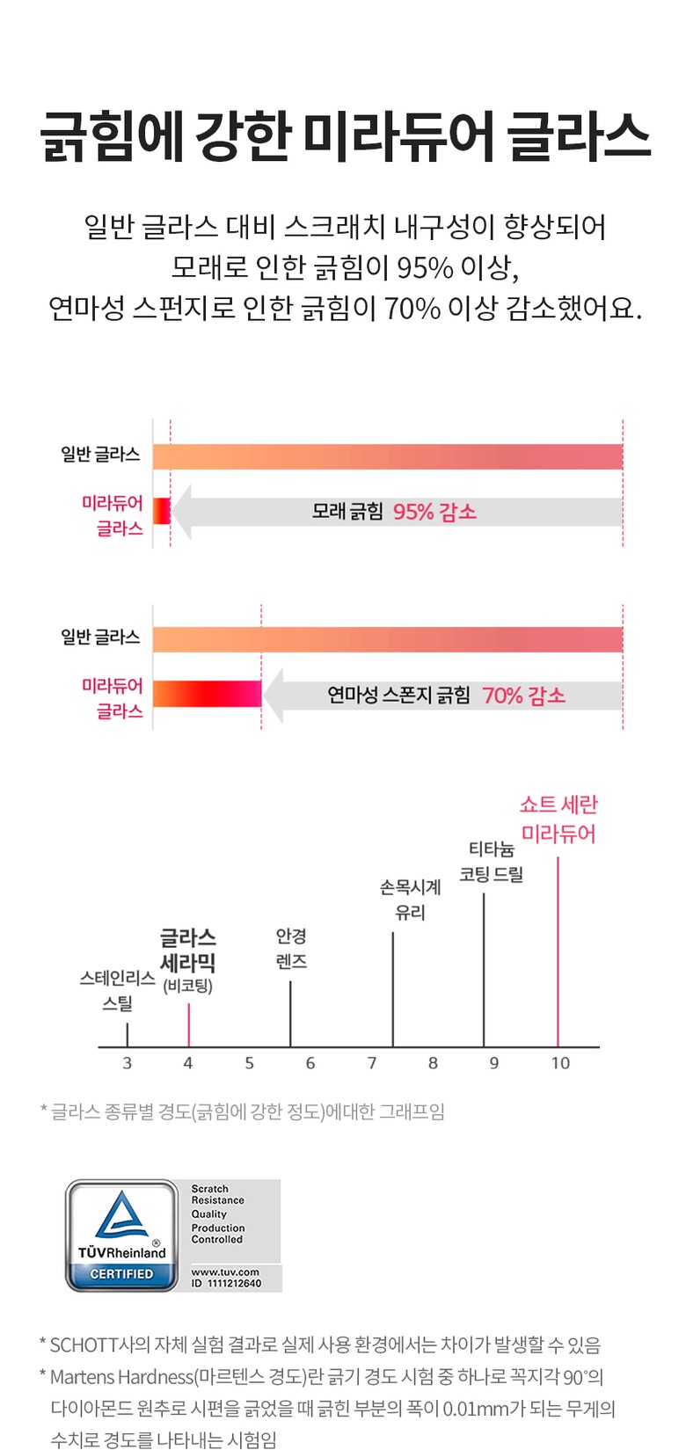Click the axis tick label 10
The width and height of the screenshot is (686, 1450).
[x=560, y=1063]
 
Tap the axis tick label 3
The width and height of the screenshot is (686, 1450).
[x=128, y=1063]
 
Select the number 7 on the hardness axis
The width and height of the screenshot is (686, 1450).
[x=372, y=1063]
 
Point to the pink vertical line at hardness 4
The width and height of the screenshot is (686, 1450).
[x=188, y=1024]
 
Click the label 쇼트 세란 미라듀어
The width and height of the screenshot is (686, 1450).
[x=558, y=819]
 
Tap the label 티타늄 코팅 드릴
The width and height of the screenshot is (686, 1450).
[x=492, y=862]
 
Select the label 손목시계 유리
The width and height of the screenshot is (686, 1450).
[x=410, y=900]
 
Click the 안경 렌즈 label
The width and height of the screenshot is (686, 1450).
[x=291, y=949]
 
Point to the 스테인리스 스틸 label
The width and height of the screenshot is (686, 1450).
[x=117, y=990]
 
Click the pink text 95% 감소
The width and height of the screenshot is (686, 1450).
[x=434, y=512]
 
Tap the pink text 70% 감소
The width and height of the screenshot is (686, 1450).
[x=523, y=696]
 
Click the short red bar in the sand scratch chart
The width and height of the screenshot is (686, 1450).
[x=162, y=511]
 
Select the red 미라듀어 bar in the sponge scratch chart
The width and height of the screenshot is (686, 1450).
[x=207, y=694]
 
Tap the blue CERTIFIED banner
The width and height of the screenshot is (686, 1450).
[x=121, y=1274]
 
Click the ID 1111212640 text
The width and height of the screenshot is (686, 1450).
[x=226, y=1284]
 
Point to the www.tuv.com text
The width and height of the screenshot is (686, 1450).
[x=225, y=1271]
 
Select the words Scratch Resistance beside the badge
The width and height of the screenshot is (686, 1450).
[x=217, y=1194]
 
